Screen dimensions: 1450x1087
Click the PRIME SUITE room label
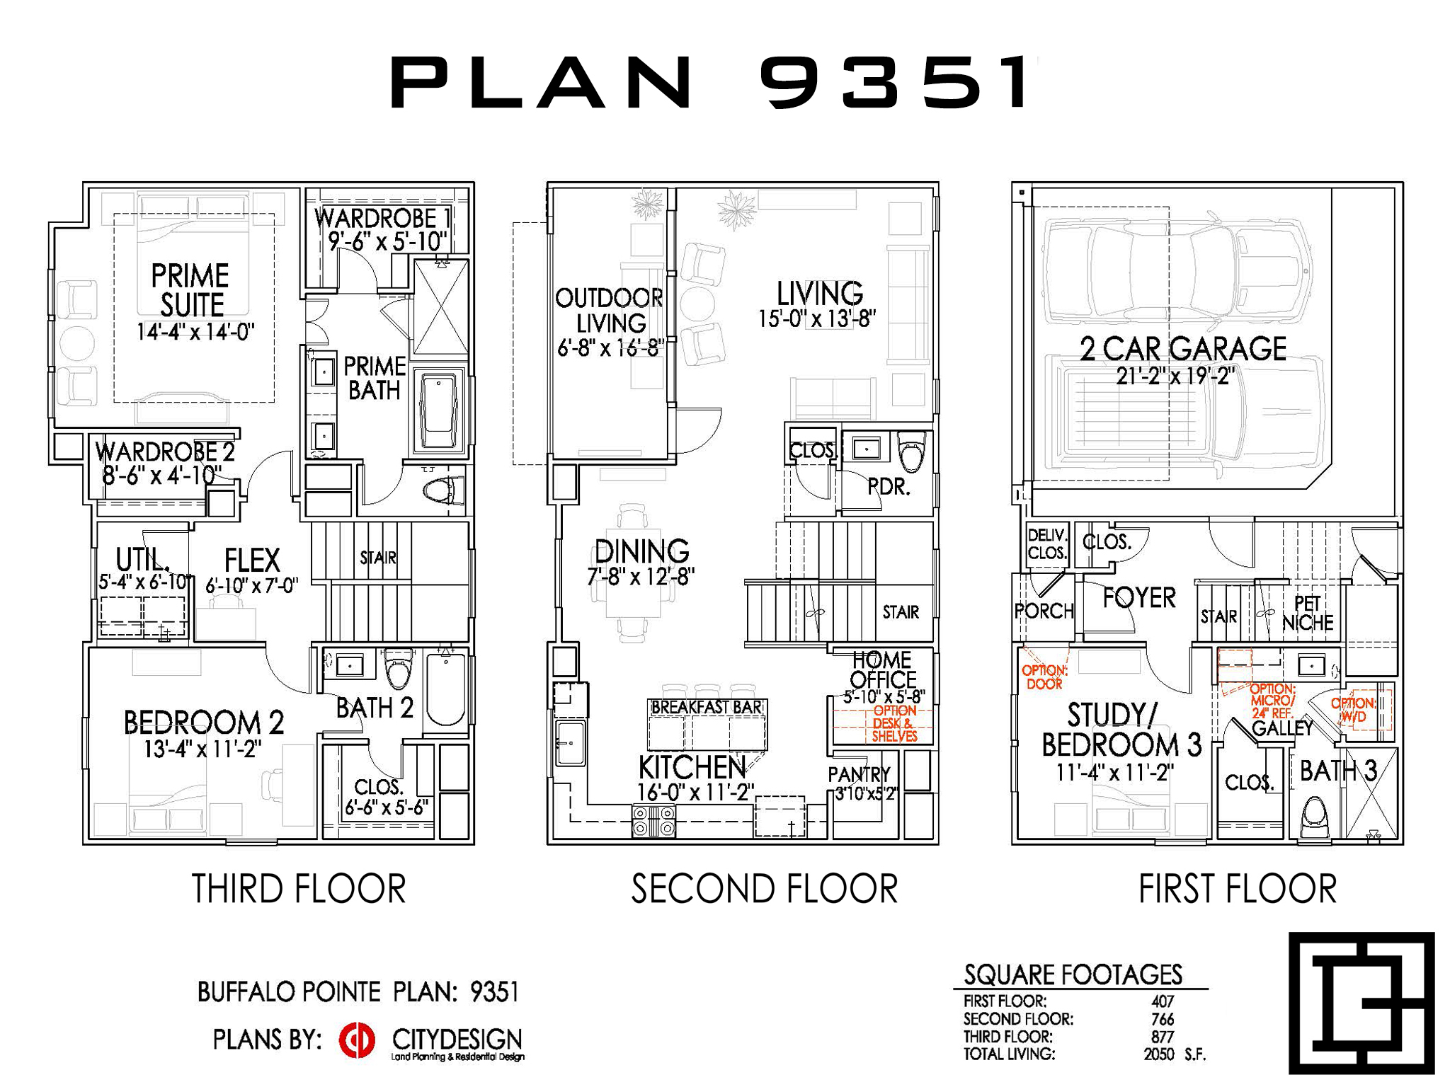click(190, 290)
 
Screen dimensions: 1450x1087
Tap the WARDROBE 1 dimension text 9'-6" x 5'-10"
click(388, 242)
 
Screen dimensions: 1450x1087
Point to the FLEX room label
click(252, 560)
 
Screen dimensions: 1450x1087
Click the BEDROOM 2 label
click(204, 723)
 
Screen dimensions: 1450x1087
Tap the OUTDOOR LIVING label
click(610, 311)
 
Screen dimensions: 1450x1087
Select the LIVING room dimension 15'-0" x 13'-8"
click(817, 319)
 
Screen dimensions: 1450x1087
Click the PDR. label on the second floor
click(889, 487)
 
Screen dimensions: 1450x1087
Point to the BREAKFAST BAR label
click(707, 707)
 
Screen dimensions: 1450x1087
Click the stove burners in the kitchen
click(653, 821)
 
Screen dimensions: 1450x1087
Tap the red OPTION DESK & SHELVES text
click(894, 723)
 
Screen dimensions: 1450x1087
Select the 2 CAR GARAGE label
click(1183, 349)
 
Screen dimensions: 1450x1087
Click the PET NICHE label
click(1308, 614)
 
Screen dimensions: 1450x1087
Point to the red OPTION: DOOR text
click(1044, 677)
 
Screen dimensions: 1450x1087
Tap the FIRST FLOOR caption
click(1238, 889)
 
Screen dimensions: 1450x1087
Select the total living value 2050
click(1158, 1054)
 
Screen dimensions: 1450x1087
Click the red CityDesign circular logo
click(357, 1040)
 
